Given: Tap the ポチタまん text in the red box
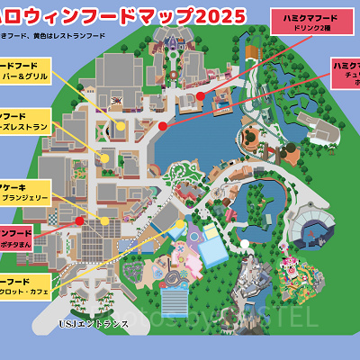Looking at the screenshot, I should tap(22, 245).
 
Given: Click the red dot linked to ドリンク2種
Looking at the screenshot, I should tap(201, 94).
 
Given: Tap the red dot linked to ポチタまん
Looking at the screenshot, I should tap(79, 220).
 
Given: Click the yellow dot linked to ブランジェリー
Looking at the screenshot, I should tap(104, 220).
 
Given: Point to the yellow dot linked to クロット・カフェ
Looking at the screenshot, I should tap(181, 224).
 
